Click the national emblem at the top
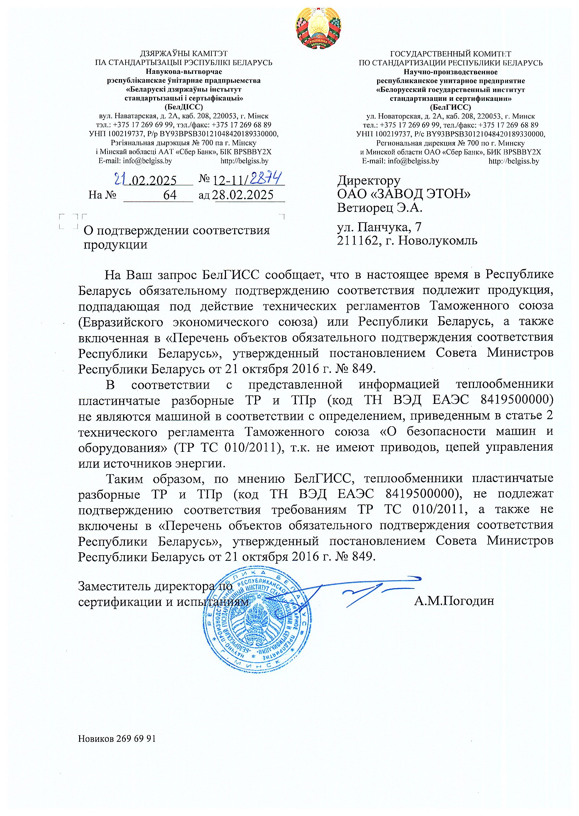pyautogui.click(x=318, y=28)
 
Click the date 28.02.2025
pyautogui.click(x=243, y=195)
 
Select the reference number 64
pyautogui.click(x=170, y=195)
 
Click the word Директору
pyautogui.click(x=369, y=180)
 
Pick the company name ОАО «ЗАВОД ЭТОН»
pyautogui.click(x=404, y=194)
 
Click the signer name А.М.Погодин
pyautogui.click(x=454, y=601)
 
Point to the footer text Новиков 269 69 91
pyautogui.click(x=117, y=739)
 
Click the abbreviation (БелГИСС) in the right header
pyautogui.click(x=450, y=107)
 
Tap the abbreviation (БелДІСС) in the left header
pyautogui.click(x=184, y=106)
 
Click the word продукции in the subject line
pyautogui.click(x=115, y=245)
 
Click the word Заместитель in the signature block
pyautogui.click(x=115, y=586)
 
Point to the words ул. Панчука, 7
pyautogui.click(x=379, y=227)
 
